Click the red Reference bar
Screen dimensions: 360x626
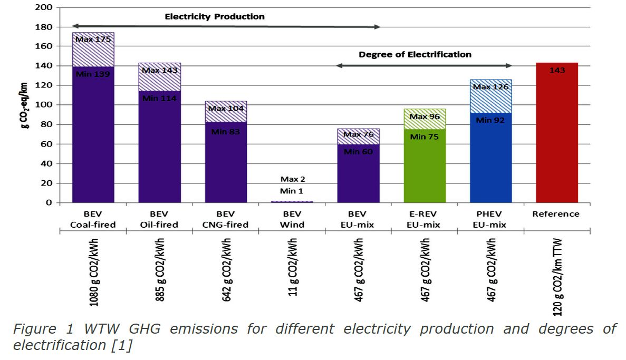[x=556, y=137]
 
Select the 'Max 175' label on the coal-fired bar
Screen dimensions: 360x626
[x=93, y=39]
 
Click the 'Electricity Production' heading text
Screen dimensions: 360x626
[x=215, y=16]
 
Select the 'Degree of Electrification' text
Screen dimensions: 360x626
[x=415, y=54]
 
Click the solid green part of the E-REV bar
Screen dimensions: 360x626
[x=425, y=169]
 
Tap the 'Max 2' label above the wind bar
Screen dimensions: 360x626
[x=293, y=180]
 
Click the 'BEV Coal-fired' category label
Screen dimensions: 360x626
[x=93, y=219]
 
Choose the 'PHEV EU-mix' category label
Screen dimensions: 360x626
[x=491, y=219]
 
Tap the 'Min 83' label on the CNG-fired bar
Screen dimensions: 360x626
[x=226, y=131]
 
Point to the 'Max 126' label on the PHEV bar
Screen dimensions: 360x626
[x=491, y=86]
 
